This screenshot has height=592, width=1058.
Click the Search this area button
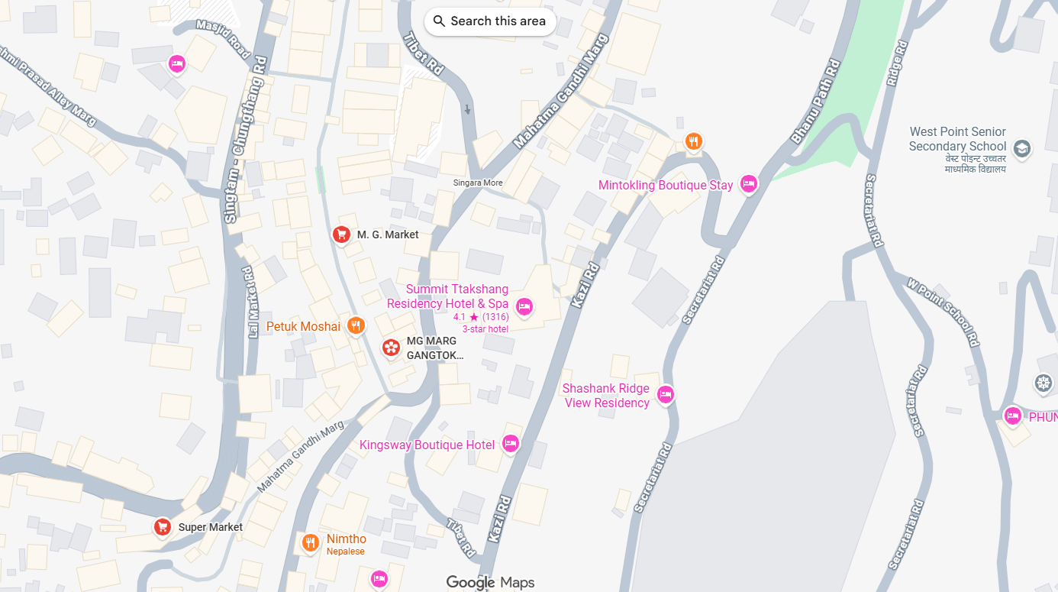490,21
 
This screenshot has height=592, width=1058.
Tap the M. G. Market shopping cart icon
341,234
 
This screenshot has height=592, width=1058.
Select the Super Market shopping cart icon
162,526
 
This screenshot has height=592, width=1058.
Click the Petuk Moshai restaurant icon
355,326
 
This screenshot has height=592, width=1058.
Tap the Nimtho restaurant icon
310,542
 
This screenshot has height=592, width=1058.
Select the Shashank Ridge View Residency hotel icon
666,394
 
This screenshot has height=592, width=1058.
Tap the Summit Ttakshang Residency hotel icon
524,306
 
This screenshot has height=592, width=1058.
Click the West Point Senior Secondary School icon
1021,148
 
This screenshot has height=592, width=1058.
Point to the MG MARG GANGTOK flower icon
391,348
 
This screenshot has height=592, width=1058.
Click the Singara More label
478,183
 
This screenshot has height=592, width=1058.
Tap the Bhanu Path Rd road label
815,102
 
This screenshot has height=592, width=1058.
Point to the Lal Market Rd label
248,302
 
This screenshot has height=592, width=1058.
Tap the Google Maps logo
490,583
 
